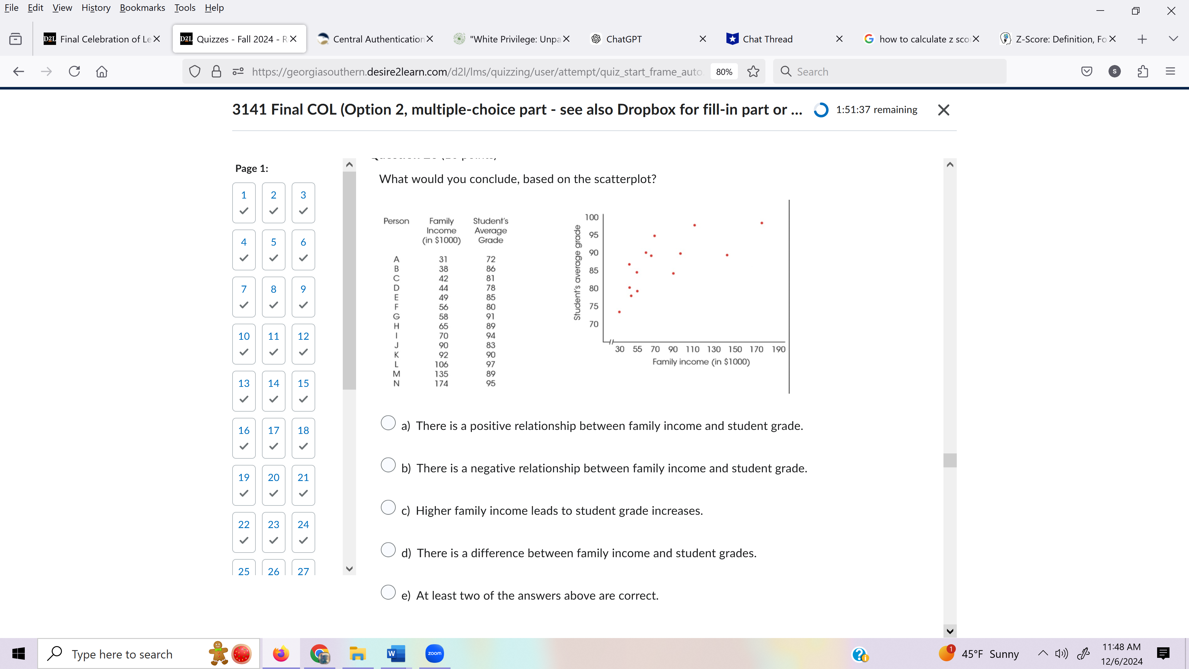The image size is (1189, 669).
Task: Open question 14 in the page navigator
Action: pyautogui.click(x=273, y=391)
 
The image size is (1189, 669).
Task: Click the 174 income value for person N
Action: pyautogui.click(x=441, y=383)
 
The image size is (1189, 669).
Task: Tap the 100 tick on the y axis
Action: pyautogui.click(x=591, y=217)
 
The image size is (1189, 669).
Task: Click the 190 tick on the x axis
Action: pyautogui.click(x=778, y=349)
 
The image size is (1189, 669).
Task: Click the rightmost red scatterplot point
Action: pyautogui.click(x=762, y=223)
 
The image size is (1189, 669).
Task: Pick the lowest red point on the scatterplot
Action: pyautogui.click(x=619, y=312)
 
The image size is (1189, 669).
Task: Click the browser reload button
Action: pyautogui.click(x=74, y=72)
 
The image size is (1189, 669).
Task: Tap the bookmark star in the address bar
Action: pyautogui.click(x=753, y=72)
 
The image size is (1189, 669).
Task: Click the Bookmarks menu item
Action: pyautogui.click(x=142, y=8)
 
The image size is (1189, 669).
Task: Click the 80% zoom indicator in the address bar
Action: pyautogui.click(x=724, y=72)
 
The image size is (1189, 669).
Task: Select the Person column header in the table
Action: pyautogui.click(x=396, y=221)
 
